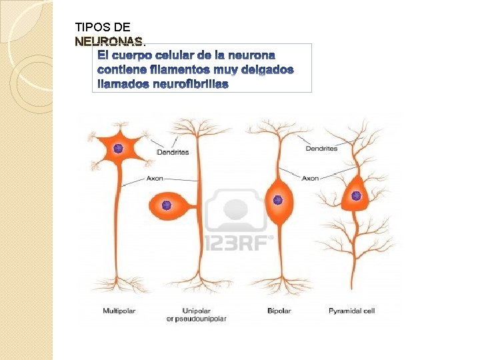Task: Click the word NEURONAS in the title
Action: pos(109,41)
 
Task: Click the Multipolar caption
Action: pos(119,311)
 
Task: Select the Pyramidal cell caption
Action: pos(351,311)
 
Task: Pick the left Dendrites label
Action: pos(173,152)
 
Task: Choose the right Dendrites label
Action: pos(321,148)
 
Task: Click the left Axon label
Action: pos(155,179)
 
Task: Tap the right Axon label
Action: pos(310,178)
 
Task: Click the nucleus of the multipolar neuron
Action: pos(118,149)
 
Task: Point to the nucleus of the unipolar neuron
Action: pos(167,205)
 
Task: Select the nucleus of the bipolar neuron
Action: pos(278,199)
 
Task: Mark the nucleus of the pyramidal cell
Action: pos(356,196)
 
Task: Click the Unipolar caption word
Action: pos(197,311)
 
